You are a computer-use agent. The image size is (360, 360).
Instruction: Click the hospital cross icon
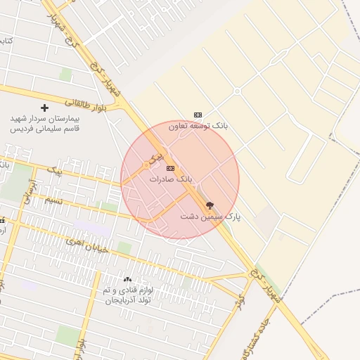click(45, 108)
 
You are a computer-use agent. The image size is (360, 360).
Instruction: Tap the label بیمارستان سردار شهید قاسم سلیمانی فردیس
click(45, 124)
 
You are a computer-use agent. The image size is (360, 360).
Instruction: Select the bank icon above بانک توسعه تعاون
click(198, 115)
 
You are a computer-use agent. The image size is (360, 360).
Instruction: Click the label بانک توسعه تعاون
click(198, 126)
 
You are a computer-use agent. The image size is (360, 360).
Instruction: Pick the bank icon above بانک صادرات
click(170, 169)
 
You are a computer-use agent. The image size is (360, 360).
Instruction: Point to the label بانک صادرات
click(170, 180)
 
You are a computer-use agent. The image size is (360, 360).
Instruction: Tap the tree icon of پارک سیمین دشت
click(210, 205)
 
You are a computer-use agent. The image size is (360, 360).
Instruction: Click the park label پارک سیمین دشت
click(210, 217)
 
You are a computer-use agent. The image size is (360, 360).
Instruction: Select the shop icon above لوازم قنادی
click(127, 280)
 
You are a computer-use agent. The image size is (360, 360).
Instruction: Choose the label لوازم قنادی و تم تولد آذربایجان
click(127, 295)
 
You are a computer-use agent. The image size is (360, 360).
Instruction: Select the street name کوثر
click(240, 300)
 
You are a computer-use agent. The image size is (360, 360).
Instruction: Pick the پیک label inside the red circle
click(159, 152)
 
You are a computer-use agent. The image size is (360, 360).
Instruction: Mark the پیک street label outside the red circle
click(54, 170)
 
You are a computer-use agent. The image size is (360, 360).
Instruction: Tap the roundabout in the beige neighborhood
click(237, 91)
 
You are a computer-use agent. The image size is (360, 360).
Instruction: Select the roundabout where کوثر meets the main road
click(249, 276)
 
